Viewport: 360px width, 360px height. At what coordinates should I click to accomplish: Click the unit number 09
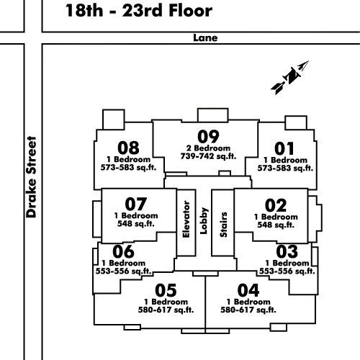pyautogui.click(x=208, y=137)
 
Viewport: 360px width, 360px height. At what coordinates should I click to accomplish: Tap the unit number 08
pyautogui.click(x=128, y=148)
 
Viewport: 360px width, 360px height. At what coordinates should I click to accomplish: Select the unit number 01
pyautogui.click(x=284, y=148)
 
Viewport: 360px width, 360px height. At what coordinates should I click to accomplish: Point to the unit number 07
pyautogui.click(x=136, y=204)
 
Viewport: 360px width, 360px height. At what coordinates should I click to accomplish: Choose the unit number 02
pyautogui.click(x=276, y=205)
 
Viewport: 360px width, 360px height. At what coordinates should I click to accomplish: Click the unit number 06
pyautogui.click(x=123, y=251)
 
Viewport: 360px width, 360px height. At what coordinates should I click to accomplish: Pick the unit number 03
pyautogui.click(x=287, y=251)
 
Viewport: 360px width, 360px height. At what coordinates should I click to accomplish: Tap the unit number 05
pyautogui.click(x=166, y=290)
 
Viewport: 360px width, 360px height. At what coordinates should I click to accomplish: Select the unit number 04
pyautogui.click(x=248, y=290)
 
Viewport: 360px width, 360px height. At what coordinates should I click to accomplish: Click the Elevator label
pyautogui.click(x=186, y=220)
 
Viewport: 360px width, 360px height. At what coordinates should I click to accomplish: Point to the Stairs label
pyautogui.click(x=223, y=225)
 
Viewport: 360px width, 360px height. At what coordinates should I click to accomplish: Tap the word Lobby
pyautogui.click(x=204, y=221)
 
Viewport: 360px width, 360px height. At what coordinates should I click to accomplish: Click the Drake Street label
pyautogui.click(x=32, y=177)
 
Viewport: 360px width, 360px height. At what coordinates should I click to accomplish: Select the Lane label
pyautogui.click(x=205, y=38)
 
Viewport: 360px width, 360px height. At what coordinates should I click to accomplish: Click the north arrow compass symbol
pyautogui.click(x=290, y=77)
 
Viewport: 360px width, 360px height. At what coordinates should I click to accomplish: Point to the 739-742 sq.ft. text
pyautogui.click(x=208, y=156)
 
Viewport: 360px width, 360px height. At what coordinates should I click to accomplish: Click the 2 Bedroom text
pyautogui.click(x=208, y=148)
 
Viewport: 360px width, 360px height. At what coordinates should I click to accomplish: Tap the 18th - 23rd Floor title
pyautogui.click(x=139, y=11)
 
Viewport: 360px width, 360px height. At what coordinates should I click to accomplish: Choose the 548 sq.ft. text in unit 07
pyautogui.click(x=136, y=224)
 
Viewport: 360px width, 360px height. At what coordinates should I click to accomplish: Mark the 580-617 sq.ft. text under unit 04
pyautogui.click(x=248, y=310)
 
